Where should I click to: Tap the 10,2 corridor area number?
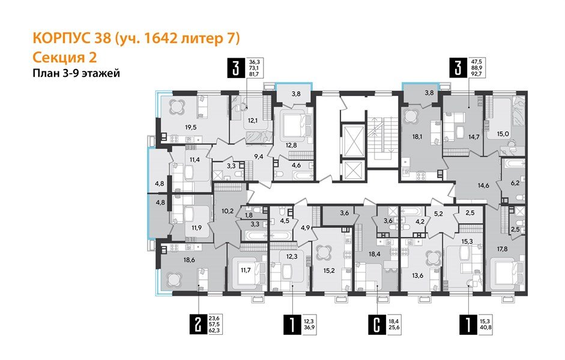point(227,211)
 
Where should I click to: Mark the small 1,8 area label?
point(249,215)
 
